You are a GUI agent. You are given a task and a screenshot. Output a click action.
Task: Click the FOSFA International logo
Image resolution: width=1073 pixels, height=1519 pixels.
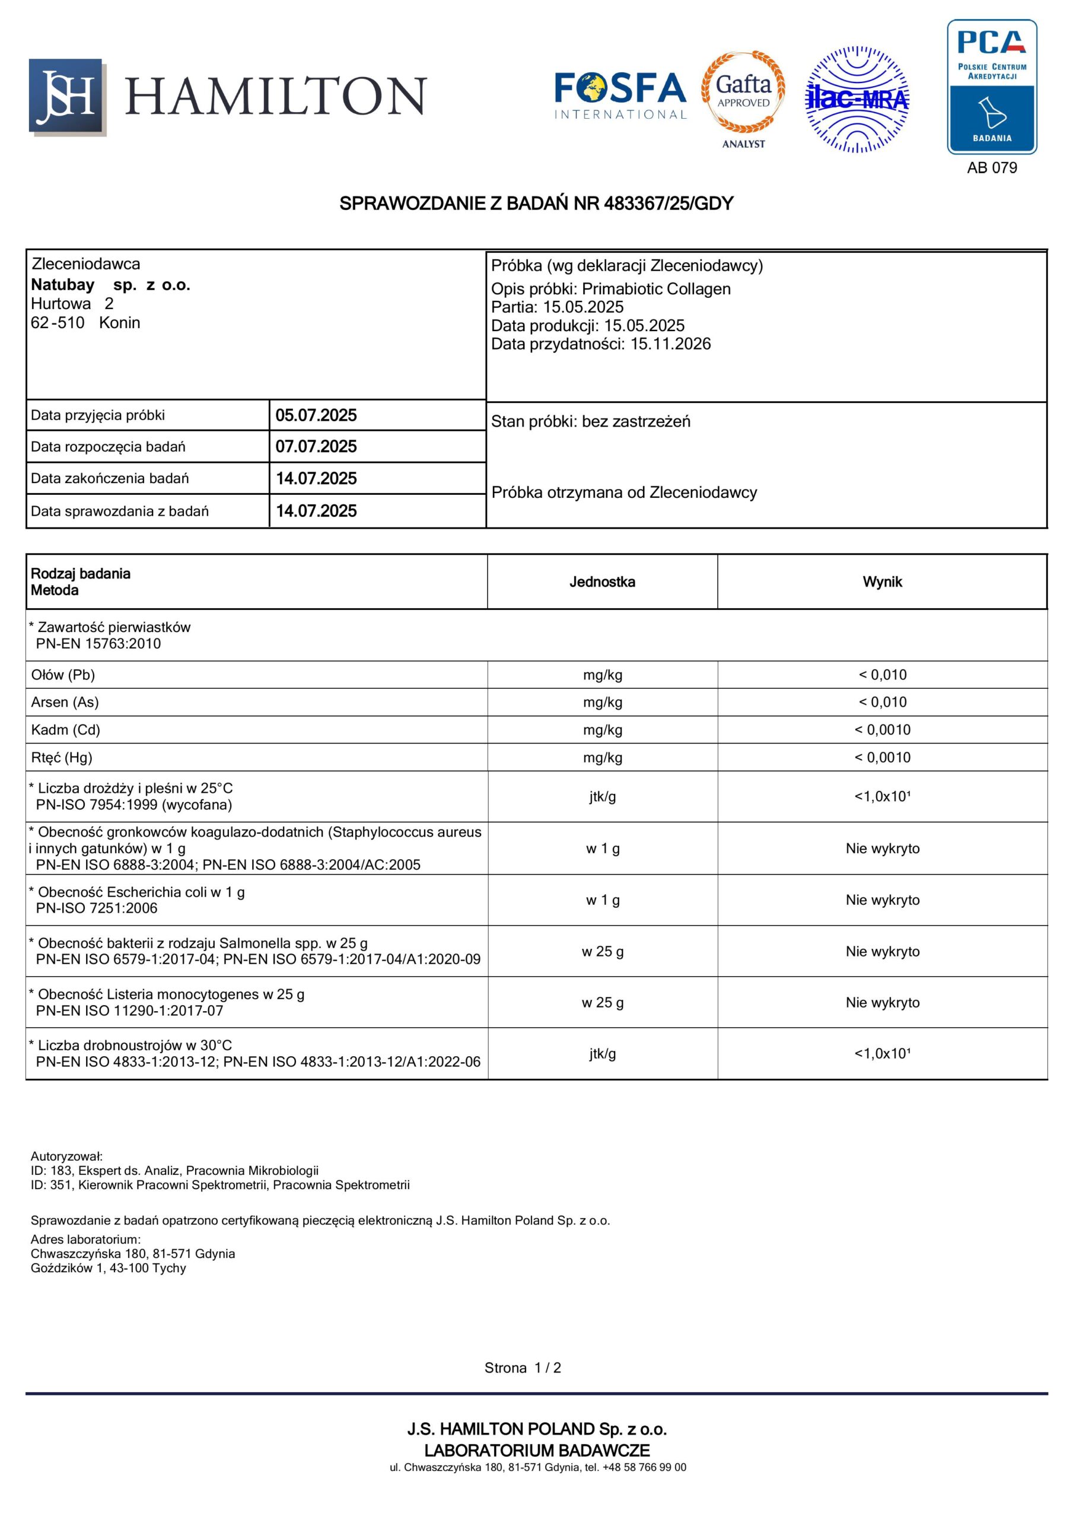tap(620, 96)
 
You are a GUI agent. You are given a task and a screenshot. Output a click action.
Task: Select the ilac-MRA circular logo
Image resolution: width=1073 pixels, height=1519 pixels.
tap(857, 99)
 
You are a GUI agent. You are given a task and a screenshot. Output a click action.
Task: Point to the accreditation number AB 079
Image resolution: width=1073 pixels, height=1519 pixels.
tap(992, 168)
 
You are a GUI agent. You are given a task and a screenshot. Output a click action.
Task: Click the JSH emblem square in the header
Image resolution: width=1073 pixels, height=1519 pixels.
tap(66, 97)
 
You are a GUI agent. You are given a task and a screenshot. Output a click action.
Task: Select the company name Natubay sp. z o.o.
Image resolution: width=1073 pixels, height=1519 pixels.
tap(110, 285)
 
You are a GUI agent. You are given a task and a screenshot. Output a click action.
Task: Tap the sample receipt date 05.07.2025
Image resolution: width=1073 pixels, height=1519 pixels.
tap(316, 415)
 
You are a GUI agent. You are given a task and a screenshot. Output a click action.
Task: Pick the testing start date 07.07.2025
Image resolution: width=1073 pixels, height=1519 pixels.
tap(316, 447)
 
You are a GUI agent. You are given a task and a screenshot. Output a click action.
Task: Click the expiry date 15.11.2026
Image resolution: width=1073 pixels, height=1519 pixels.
tap(670, 344)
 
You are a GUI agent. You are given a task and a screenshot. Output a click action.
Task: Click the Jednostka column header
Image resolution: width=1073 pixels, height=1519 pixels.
tap(602, 582)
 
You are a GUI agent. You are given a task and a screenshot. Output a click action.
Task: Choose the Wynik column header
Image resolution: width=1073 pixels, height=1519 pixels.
tap(882, 582)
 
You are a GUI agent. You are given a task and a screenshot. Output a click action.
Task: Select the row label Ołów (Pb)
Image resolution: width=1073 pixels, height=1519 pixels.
tap(63, 675)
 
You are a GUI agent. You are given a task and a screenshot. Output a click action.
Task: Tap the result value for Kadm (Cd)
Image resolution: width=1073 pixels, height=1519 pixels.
tap(882, 730)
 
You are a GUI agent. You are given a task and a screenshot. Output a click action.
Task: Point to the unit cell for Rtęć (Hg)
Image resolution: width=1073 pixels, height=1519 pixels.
tap(602, 758)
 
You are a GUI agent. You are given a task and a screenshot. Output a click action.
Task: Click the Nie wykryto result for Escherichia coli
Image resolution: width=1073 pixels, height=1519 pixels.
tap(882, 900)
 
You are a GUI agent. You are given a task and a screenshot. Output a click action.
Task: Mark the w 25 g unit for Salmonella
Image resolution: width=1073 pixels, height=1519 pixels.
tap(602, 951)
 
